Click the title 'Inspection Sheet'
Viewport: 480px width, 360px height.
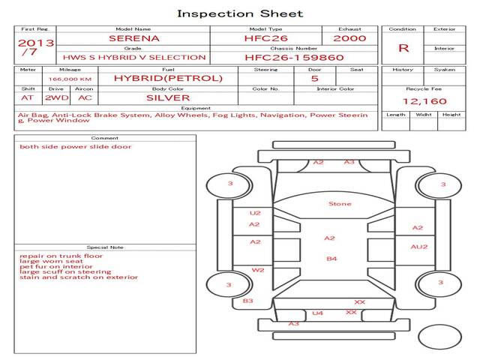click(x=240, y=13)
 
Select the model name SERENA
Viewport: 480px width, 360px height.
click(x=134, y=38)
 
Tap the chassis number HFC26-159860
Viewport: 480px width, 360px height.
click(x=294, y=58)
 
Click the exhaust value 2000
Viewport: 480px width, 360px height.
click(x=349, y=38)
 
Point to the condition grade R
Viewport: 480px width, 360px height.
click(x=403, y=48)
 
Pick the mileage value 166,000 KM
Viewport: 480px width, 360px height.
click(x=70, y=79)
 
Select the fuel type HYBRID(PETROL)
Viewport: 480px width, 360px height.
click(x=168, y=78)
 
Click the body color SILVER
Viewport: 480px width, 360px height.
click(x=168, y=98)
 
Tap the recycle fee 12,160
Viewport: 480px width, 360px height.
click(x=424, y=101)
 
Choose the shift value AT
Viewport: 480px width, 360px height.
click(x=27, y=98)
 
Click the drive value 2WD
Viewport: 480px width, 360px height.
click(x=57, y=98)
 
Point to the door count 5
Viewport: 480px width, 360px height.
click(x=315, y=79)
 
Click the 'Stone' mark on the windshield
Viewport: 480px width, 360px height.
click(x=340, y=204)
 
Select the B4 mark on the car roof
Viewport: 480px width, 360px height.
click(x=331, y=259)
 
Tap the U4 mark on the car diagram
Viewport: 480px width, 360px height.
click(x=317, y=313)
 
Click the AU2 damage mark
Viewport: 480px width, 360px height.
click(x=419, y=247)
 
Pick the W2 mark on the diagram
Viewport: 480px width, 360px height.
click(x=258, y=270)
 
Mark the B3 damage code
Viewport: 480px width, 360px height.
click(x=248, y=301)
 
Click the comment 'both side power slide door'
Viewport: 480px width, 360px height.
click(x=75, y=147)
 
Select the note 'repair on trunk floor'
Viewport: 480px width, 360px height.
click(x=61, y=256)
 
